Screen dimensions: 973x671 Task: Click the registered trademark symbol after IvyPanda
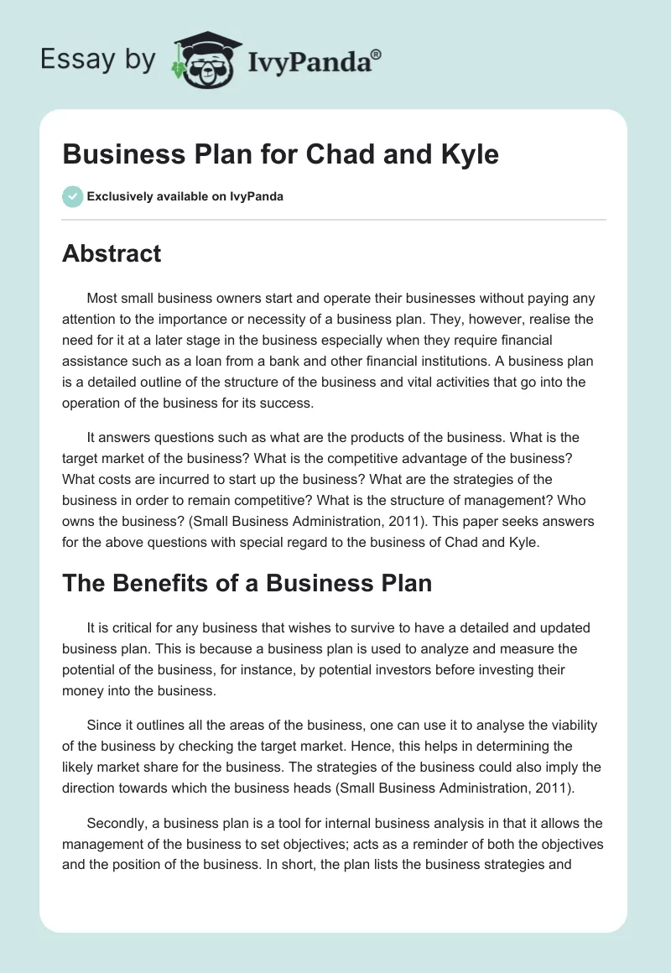tap(377, 54)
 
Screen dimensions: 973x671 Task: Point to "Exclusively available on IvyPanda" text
tap(185, 196)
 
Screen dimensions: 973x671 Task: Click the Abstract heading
tap(112, 254)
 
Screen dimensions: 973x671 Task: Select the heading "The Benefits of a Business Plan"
tap(247, 583)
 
